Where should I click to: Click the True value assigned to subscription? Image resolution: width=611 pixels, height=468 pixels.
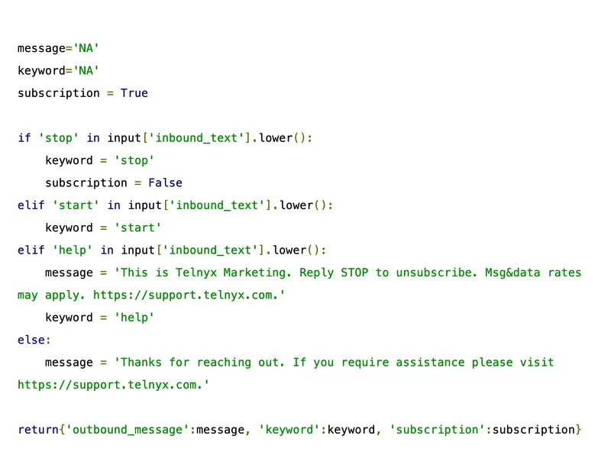coord(134,93)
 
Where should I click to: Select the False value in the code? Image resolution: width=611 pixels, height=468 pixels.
coord(166,182)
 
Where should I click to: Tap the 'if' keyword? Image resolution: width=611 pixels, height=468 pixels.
coord(24,138)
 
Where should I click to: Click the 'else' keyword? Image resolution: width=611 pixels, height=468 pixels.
coord(31,340)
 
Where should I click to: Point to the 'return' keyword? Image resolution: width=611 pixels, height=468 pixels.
coord(37,430)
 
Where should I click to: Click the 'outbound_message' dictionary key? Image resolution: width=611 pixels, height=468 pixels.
coord(128,430)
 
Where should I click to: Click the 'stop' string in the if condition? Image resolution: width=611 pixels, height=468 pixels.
coord(59,138)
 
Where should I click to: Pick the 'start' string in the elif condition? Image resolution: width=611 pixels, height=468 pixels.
coord(76,205)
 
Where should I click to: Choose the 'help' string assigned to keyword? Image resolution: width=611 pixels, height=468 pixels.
coord(134,318)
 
